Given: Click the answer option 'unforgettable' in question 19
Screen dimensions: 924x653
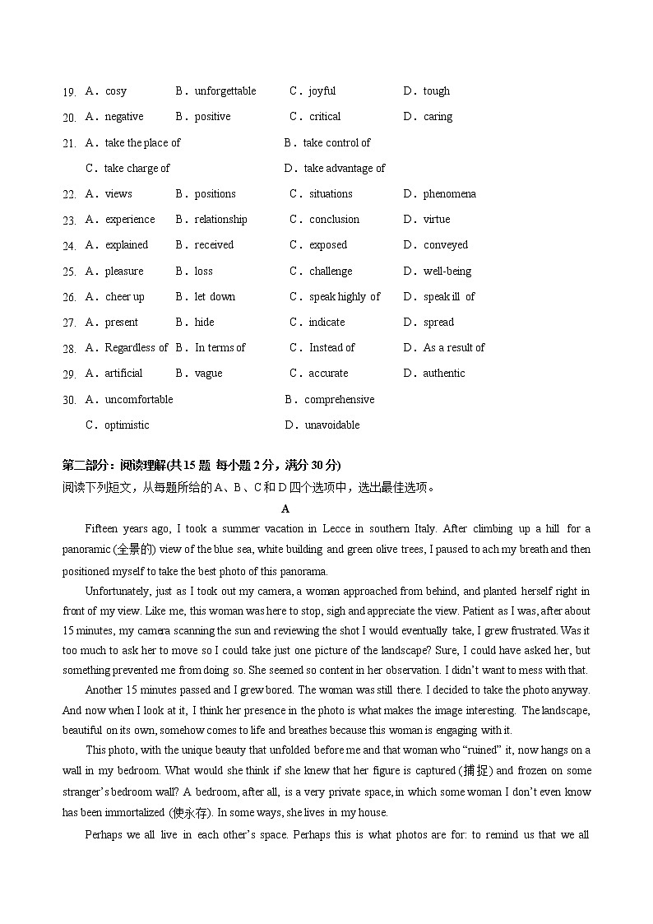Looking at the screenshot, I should pos(225,91).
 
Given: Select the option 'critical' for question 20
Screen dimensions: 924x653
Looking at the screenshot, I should pos(324,117).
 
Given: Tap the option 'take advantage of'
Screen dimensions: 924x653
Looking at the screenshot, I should pos(344,169).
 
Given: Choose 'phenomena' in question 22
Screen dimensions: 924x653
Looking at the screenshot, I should pos(449,194).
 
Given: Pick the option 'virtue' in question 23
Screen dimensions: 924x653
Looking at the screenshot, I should pos(437,220).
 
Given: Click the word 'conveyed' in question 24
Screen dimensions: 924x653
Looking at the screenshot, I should pos(445,245).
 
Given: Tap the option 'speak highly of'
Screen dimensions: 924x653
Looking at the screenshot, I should pos(345,297).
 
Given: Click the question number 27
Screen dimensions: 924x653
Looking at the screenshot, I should pos(69,323).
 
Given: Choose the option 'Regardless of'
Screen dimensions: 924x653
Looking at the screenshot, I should pos(136,348).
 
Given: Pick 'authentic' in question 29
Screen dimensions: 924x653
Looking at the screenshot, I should pos(444,374).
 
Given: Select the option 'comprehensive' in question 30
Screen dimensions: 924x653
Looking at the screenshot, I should pos(339,400).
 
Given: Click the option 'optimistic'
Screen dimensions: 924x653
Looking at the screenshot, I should pos(127,425).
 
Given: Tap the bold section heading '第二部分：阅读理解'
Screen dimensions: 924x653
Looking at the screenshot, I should pos(115,466).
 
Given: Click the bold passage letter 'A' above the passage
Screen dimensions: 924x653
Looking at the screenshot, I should pos(285,509).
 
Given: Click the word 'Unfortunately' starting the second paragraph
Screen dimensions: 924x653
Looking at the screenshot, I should pos(117,592).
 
